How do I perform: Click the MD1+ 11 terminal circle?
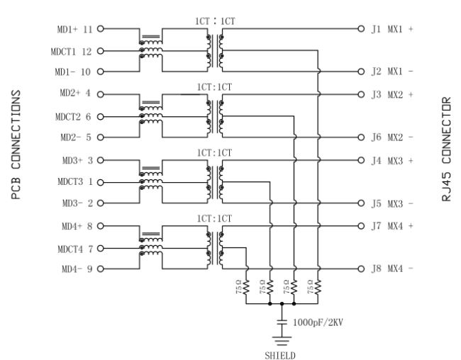101,29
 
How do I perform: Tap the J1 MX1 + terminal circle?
361,29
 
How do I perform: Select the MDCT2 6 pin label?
73,117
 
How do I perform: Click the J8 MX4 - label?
392,269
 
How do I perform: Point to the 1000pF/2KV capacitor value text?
318,322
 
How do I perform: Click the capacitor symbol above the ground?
282,322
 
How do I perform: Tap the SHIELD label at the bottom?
280,356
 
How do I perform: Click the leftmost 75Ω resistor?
246,287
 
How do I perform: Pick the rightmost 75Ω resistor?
318,287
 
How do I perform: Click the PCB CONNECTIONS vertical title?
16,145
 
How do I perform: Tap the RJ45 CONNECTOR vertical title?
446,149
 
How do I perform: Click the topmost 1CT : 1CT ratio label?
215,21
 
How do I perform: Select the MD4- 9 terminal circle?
101,269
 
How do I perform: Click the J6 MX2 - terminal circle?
361,137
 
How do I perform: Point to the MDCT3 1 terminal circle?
101,183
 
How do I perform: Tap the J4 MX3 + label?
392,161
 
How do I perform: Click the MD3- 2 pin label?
77,203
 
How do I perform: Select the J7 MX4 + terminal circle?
361,226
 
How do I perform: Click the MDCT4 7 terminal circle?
101,248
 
